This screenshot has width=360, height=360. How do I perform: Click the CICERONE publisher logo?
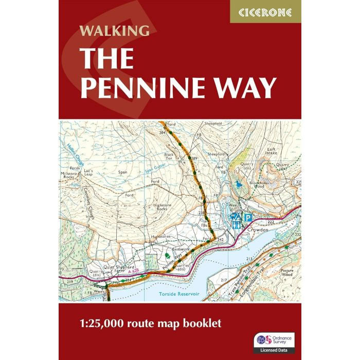[265, 11]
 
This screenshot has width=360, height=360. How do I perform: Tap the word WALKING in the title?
[114, 30]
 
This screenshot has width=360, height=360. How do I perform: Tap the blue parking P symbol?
[247, 217]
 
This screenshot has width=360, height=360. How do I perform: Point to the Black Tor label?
[169, 156]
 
